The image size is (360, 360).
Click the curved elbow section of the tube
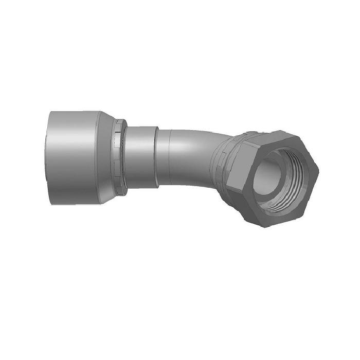click(x=195, y=154)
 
